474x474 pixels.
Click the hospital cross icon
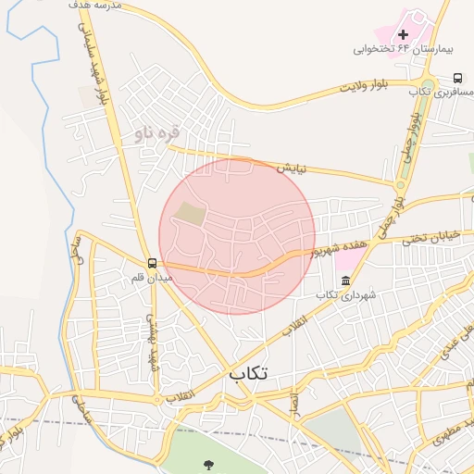point(401,34)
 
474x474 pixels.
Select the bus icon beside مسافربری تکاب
point(458,79)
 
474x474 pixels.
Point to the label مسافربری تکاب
point(434,92)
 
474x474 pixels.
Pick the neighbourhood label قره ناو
point(155,134)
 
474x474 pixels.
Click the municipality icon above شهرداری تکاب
point(345,281)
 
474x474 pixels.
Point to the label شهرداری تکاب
point(345,294)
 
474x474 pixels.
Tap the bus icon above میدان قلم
point(152,263)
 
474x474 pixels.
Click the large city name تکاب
point(248,373)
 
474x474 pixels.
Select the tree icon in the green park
point(206,465)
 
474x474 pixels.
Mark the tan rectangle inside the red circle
point(191,213)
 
